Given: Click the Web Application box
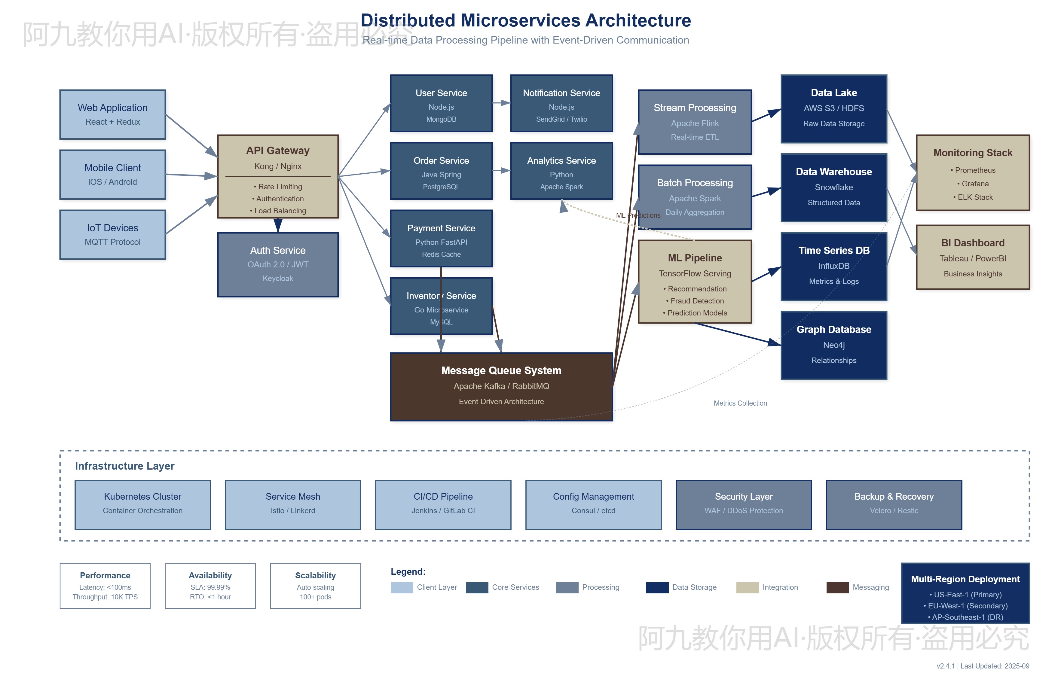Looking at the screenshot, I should [x=112, y=114].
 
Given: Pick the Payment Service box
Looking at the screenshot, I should [x=441, y=238].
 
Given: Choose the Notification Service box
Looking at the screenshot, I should [x=561, y=103].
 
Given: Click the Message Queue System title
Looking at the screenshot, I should [x=501, y=370].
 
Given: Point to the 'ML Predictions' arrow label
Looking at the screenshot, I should [x=638, y=215].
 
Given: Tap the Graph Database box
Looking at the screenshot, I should [x=833, y=345].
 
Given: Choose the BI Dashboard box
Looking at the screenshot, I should [x=973, y=257].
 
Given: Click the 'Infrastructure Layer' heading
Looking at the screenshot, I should [x=125, y=466].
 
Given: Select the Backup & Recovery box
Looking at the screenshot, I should [x=894, y=505].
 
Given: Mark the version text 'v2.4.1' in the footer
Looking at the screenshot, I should [x=945, y=666].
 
